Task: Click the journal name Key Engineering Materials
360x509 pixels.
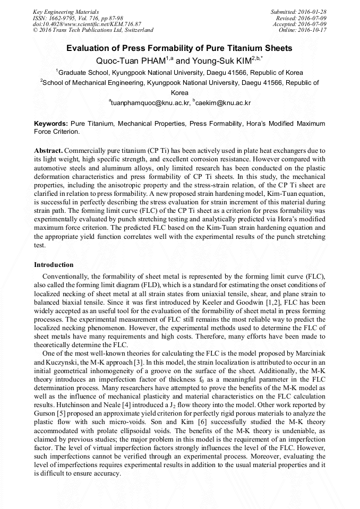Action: [x=66, y=11]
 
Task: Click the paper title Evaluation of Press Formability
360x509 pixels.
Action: [x=179, y=48]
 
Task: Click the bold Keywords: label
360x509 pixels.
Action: [x=51, y=123]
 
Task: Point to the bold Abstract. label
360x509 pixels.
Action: [x=48, y=151]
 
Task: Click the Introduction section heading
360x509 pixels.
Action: [x=54, y=264]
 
